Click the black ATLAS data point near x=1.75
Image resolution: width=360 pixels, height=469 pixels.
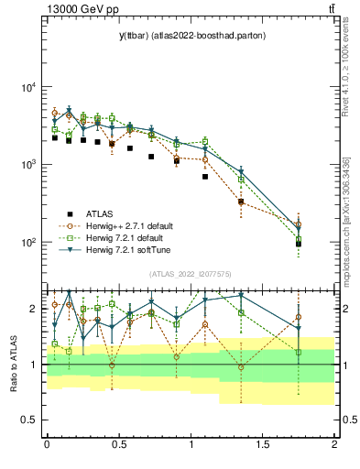(299, 244)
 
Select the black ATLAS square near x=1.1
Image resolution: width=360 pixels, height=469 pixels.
(205, 177)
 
